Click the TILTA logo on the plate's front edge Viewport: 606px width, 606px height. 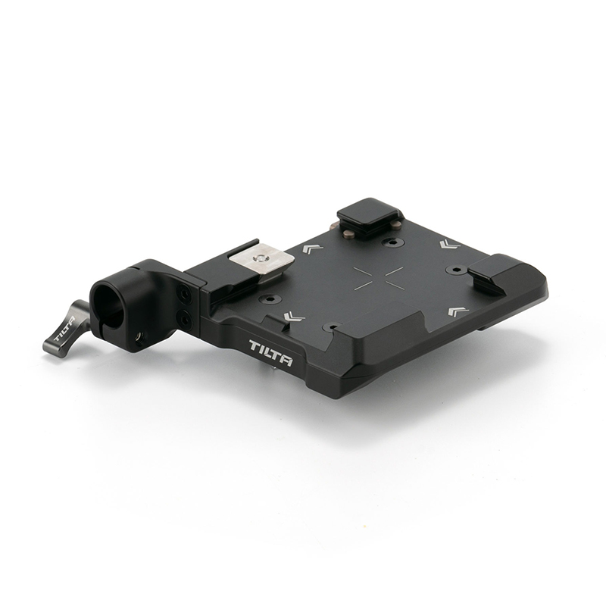(x=271, y=353)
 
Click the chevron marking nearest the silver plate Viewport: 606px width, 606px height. (x=312, y=248)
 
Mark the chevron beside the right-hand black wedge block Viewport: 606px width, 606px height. (x=456, y=311)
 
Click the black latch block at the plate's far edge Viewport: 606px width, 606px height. (x=369, y=216)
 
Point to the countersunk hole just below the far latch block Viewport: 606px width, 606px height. (x=392, y=243)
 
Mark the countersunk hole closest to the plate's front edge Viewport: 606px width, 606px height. (x=331, y=327)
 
